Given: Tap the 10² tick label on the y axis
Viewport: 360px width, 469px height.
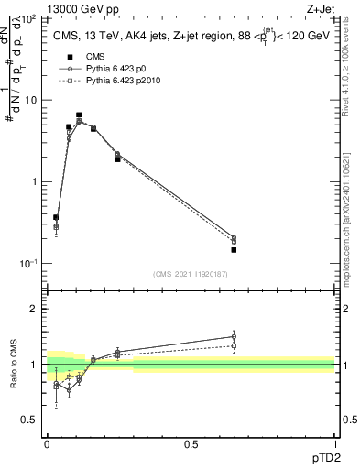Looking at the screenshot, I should [x=29, y=18].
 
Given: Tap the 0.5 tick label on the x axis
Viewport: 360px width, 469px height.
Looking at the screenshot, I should [x=191, y=443].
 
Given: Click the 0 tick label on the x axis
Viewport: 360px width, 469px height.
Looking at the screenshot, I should [x=47, y=443].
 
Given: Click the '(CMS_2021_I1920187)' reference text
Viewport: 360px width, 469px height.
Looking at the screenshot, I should [x=190, y=273].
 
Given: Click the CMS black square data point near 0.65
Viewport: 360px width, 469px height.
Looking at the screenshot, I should [x=234, y=249].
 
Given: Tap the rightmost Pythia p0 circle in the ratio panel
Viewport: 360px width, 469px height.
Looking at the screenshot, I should [x=234, y=336].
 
